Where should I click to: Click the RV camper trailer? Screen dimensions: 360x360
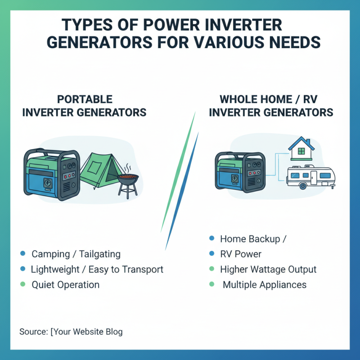(310, 176)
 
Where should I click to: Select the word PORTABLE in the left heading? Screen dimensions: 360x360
(85, 99)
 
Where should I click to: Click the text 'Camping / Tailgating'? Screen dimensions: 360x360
(76, 254)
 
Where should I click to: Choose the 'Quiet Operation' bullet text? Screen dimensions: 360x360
(65, 284)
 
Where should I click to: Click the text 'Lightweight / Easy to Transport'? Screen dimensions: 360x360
(97, 269)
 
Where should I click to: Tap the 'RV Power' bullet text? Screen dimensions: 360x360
(240, 254)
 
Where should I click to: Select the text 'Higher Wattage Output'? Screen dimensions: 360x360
(268, 269)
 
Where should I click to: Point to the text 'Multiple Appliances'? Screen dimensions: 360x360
(264, 284)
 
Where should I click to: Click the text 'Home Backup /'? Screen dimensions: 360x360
(253, 238)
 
